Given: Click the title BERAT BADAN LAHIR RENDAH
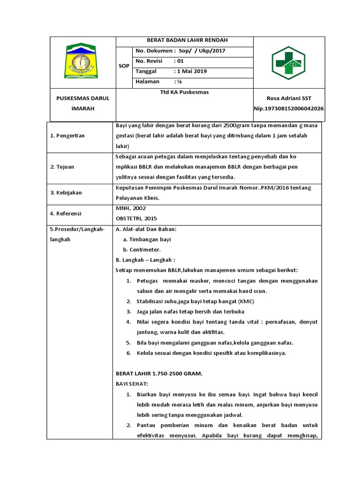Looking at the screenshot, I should click(x=184, y=40).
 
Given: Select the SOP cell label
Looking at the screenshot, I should click(x=124, y=66).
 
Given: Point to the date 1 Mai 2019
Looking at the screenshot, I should click(x=190, y=71).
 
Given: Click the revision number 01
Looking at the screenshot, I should click(x=179, y=61).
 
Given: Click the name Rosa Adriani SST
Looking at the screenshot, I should click(x=288, y=98).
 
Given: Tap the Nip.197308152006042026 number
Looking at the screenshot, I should click(x=288, y=108).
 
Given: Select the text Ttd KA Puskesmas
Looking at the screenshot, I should click(x=184, y=92).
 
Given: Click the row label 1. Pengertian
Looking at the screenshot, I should click(x=67, y=136).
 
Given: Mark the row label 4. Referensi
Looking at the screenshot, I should click(x=66, y=213).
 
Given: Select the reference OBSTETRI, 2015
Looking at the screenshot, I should click(x=136, y=218).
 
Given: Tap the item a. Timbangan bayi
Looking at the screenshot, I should click(x=147, y=239).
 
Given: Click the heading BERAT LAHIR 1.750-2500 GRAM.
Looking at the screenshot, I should click(x=158, y=374).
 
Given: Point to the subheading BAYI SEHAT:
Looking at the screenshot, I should click(x=132, y=384).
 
